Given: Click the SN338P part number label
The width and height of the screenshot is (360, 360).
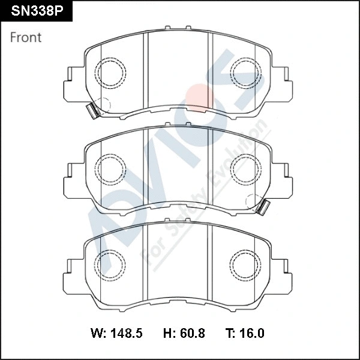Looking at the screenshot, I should (x=37, y=10).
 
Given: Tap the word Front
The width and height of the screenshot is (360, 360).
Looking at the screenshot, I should (x=26, y=37).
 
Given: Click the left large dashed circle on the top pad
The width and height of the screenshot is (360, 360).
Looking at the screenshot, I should (x=111, y=71).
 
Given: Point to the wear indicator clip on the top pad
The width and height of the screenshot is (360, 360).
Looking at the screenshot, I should (x=92, y=111).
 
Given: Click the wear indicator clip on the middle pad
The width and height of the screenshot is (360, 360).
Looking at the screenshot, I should (x=263, y=206).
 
